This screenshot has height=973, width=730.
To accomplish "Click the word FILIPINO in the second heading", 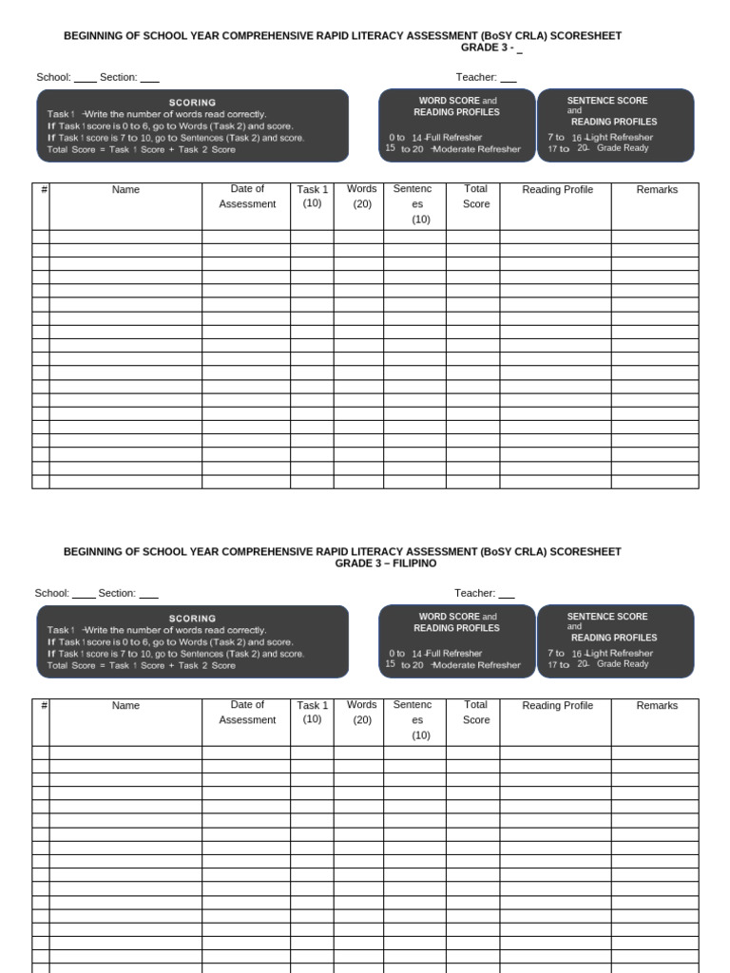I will coord(410,563).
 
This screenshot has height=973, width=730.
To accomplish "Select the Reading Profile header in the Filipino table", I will coord(557,706).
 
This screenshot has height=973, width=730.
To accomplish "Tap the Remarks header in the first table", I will coord(657,190).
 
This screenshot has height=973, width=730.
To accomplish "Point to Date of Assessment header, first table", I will coord(247,197).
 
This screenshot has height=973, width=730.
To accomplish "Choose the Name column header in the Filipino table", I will coord(125,706).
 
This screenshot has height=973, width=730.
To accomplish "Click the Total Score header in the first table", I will coord(475,197).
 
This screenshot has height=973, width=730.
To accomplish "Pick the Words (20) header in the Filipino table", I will coord(361,713).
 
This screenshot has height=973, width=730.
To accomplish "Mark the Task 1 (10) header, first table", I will coord(312,197).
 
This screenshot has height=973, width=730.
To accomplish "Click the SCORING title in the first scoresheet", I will coord(192,103).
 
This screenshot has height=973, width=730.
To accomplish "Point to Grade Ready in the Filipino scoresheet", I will coord(623,664).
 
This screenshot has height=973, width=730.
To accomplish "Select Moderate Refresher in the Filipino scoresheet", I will coord(477,665).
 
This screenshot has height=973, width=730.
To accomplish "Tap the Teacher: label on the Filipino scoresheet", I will coord(474,593).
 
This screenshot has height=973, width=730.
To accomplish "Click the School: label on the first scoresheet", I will coord(53,77).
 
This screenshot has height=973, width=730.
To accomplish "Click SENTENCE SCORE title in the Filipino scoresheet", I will coord(606,617).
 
